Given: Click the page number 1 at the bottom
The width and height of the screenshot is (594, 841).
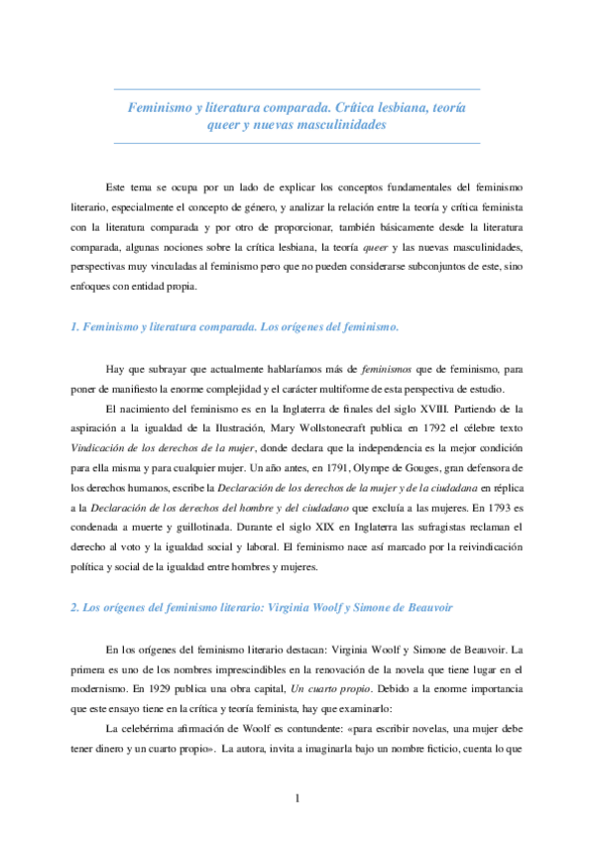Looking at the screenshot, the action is pyautogui.click(x=297, y=798).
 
